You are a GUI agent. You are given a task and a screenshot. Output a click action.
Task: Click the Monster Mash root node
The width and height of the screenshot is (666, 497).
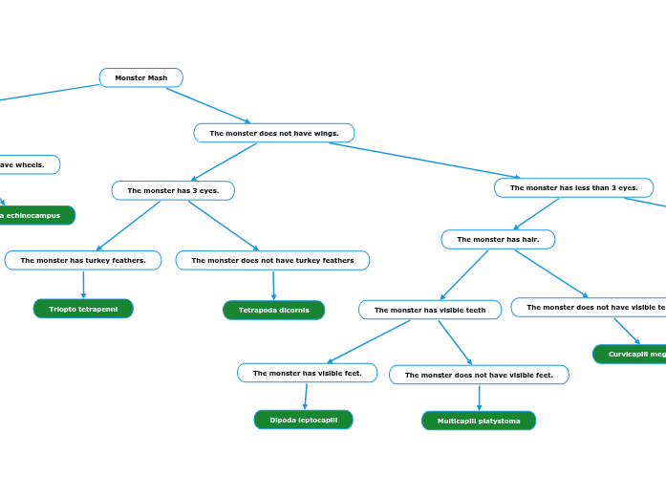[x=140, y=77]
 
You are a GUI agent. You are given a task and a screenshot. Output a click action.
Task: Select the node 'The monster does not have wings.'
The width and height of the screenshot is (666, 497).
[x=273, y=133]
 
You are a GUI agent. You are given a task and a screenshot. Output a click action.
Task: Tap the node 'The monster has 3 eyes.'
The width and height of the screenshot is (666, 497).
[x=173, y=190]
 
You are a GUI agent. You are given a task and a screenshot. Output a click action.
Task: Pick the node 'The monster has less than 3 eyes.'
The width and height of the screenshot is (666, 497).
[x=573, y=187]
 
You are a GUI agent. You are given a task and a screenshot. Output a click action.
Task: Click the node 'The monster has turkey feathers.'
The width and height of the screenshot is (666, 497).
[x=83, y=260]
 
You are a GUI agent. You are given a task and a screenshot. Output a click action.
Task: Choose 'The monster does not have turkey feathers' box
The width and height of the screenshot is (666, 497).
[x=272, y=260]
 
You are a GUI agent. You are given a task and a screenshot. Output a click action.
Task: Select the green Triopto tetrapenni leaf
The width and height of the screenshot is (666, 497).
[x=83, y=309]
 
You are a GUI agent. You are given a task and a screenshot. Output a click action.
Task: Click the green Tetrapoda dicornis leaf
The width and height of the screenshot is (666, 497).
[x=273, y=310]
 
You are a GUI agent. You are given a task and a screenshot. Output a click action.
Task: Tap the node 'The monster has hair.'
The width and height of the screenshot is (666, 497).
[x=497, y=239]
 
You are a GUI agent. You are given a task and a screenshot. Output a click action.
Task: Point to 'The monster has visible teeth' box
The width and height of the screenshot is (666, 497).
[x=430, y=310]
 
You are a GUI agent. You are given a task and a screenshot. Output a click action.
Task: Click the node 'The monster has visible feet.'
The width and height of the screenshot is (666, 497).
[x=307, y=373]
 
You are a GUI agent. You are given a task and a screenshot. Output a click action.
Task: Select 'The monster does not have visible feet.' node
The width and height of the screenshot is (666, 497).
[x=479, y=375]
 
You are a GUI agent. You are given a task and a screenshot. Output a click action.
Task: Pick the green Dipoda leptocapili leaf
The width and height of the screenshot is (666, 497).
[x=303, y=420]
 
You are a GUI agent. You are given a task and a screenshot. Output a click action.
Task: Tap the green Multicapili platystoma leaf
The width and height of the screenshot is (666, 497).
[x=479, y=421]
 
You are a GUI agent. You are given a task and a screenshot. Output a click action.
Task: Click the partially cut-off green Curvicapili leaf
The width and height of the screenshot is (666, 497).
[x=630, y=355]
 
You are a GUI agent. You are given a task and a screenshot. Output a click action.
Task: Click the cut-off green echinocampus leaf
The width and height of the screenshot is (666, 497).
[x=33, y=215]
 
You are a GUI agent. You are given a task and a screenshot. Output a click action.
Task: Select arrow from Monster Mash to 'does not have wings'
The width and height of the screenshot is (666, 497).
[x=208, y=105]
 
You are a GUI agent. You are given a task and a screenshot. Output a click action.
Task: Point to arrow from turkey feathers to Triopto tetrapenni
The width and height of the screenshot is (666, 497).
[x=83, y=284]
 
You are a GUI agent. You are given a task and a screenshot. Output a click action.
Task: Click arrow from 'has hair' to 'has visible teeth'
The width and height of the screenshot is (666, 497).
[x=464, y=274]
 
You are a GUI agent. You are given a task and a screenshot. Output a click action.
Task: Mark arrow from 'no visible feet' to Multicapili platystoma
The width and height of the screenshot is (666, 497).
[x=479, y=398]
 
